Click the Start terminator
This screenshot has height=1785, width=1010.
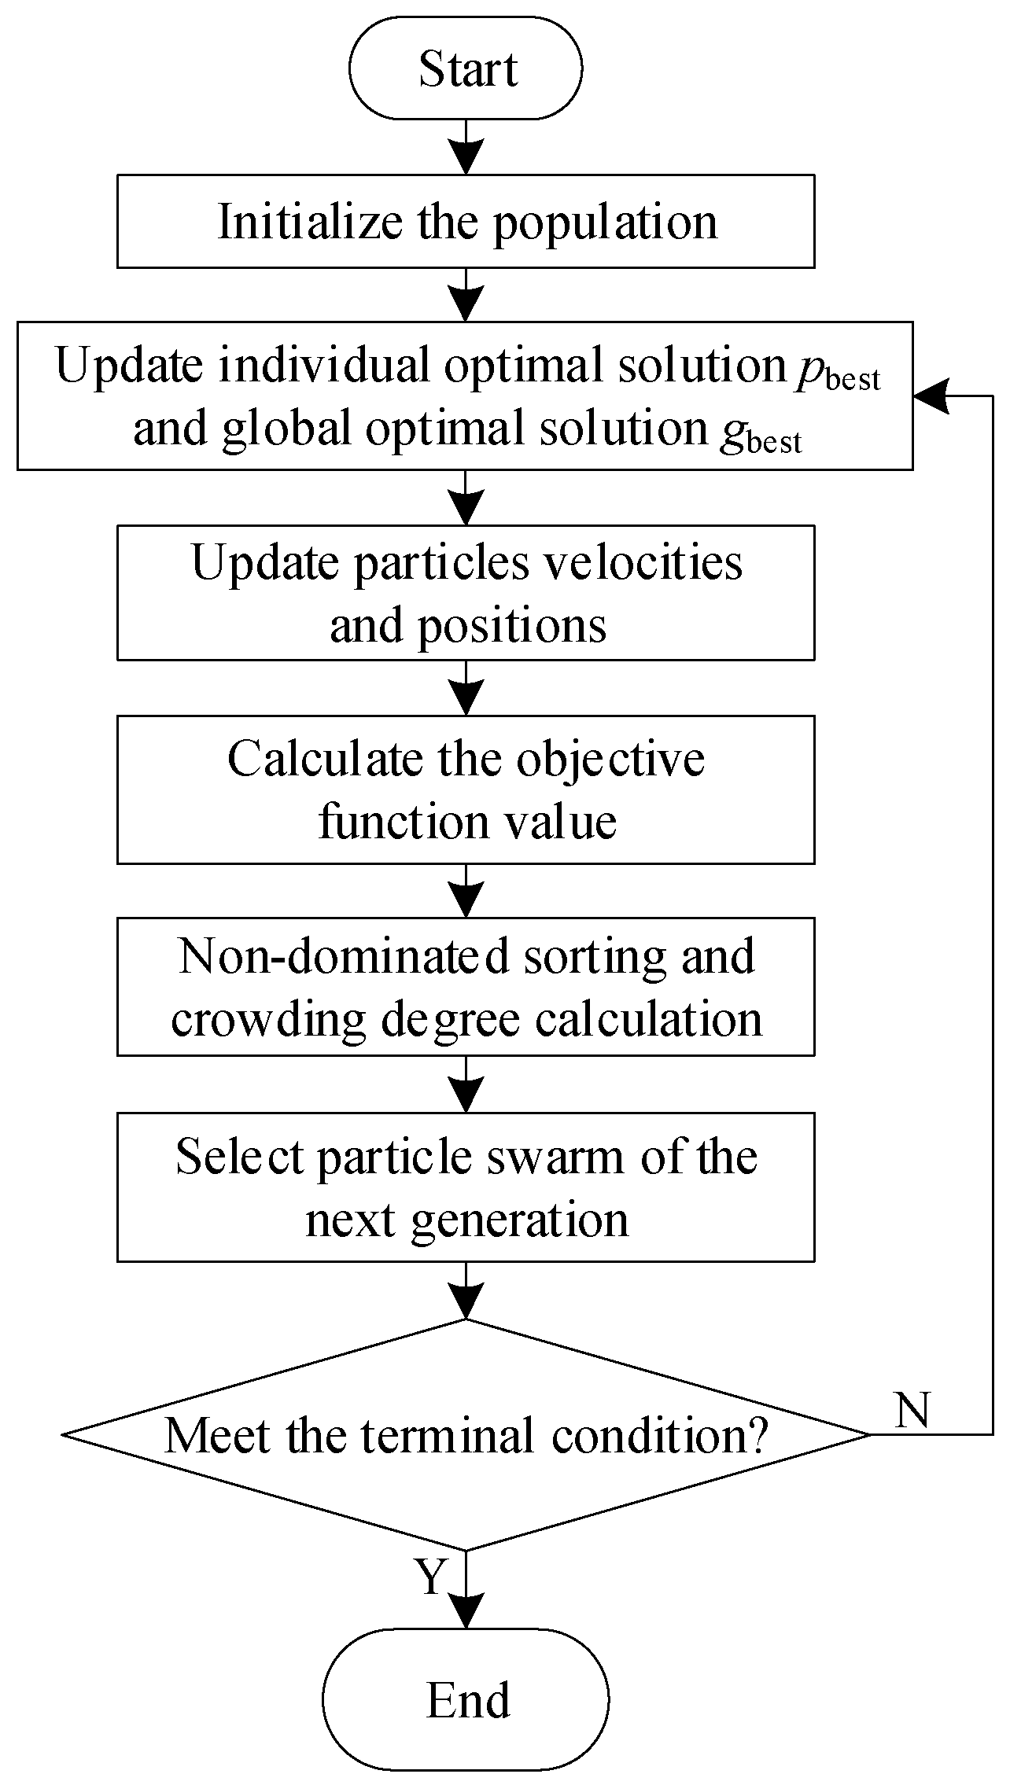coord(466,68)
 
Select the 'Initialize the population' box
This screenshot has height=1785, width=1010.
coord(466,222)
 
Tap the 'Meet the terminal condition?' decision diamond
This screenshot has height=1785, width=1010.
coord(466,1436)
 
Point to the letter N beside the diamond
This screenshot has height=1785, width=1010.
coord(912,1410)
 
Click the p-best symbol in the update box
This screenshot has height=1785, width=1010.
coord(836,371)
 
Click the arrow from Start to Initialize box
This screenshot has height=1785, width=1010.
coord(466,147)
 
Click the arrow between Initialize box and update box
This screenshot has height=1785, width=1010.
coord(466,295)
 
